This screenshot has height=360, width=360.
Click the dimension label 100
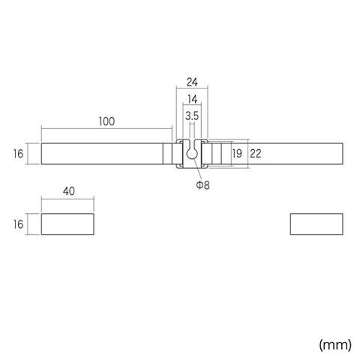106,121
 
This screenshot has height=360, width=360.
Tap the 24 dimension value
192,82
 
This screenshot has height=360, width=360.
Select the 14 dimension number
192,99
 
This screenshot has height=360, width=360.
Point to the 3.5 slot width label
192,115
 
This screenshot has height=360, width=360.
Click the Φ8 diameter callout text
202,185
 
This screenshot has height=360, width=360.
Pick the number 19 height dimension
237,153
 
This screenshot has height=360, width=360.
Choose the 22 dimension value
255,154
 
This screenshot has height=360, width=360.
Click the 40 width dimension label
69,191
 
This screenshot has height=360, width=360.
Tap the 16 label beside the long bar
18,154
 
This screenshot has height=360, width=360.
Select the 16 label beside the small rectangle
18,224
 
